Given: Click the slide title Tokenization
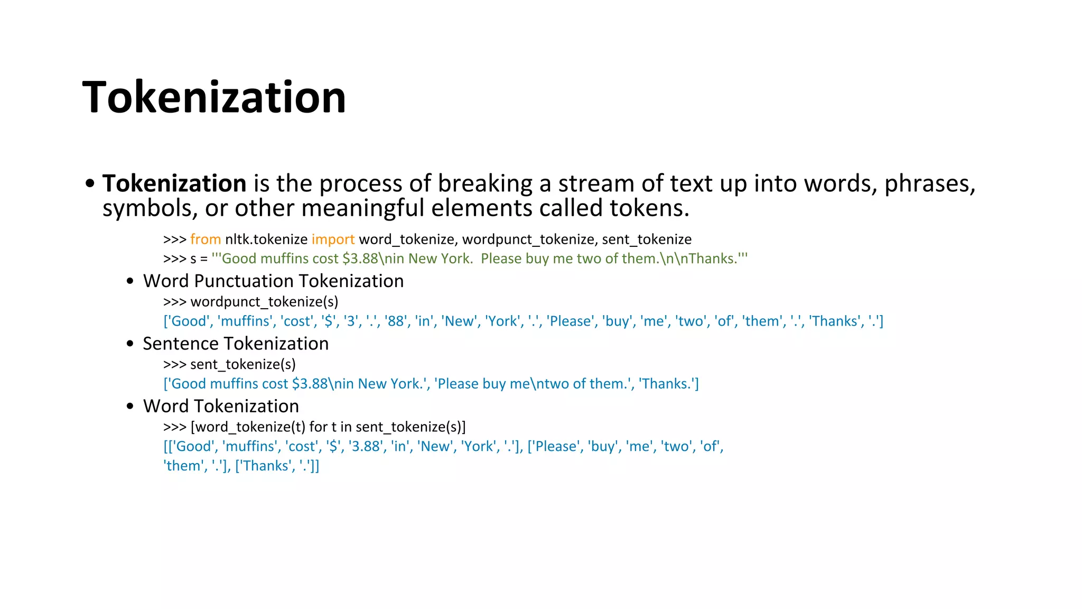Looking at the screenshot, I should click(x=214, y=97).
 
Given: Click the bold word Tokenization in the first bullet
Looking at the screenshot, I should click(x=174, y=183).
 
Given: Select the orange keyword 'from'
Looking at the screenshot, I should click(x=206, y=239).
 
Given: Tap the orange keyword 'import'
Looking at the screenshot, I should click(x=333, y=239).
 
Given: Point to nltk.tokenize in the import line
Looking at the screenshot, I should click(x=266, y=239).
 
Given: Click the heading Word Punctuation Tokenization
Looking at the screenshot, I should click(x=273, y=281).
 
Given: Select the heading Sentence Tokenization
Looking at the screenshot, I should click(x=236, y=344).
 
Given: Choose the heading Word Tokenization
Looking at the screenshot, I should click(x=221, y=406).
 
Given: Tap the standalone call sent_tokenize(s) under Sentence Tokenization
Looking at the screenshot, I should click(x=243, y=364).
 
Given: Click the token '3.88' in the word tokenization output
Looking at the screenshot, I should click(x=366, y=447).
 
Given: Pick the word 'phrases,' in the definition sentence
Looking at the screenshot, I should click(x=929, y=183).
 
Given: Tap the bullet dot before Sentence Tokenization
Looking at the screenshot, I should click(x=130, y=344).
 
